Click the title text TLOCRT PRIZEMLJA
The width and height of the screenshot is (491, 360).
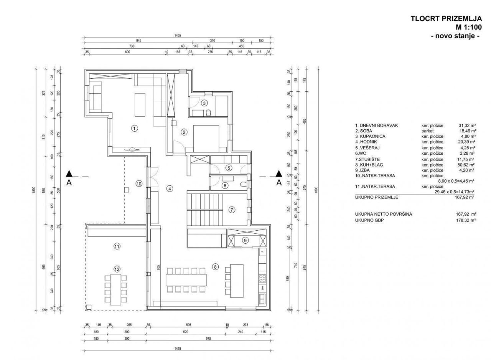click(446, 18)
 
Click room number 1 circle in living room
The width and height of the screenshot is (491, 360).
click(134, 129)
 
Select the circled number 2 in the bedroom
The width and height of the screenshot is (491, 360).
click(184, 132)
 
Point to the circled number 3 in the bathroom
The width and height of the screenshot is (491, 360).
click(204, 103)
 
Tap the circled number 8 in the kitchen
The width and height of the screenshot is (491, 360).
click(216, 267)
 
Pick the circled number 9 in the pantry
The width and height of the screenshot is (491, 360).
click(245, 240)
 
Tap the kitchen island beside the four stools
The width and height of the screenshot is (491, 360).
click(237, 281)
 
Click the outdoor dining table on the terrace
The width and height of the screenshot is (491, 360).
click(115, 289)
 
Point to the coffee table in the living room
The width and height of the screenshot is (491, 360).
click(140, 104)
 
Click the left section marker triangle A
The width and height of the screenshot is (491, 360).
click(69, 174)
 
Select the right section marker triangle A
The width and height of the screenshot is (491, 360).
click(279, 174)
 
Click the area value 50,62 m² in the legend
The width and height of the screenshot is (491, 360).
click(467, 165)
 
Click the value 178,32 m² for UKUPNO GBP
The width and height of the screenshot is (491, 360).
click(466, 221)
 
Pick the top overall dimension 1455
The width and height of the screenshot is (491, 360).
click(178, 36)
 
